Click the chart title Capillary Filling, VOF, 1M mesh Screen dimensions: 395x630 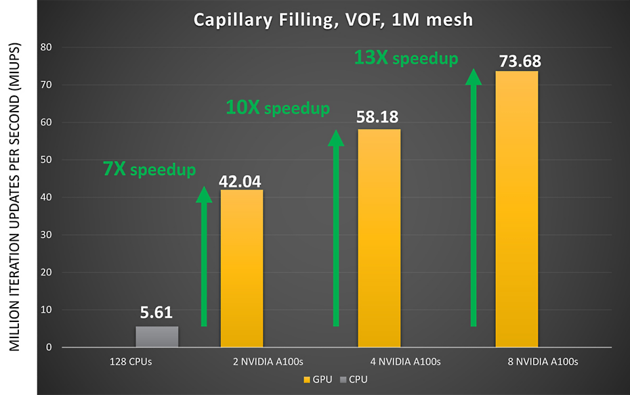pos(333,20)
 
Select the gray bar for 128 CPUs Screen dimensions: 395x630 pos(156,337)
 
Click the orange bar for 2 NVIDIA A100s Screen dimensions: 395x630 pos(242,268)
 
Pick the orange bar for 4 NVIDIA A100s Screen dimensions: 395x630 pos(379,238)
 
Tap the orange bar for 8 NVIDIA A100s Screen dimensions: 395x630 pos(516,209)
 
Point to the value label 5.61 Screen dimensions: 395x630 pos(157,313)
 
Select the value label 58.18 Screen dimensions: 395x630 pos(379,118)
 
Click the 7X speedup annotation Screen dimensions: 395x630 pos(149,169)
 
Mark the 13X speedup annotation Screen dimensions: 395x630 pos(406,58)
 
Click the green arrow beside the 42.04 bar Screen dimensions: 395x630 pos(204,257)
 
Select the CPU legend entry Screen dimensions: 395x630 pos(352,379)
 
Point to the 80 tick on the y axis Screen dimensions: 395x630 pos(47,47)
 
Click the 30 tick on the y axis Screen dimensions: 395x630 pos(47,235)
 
